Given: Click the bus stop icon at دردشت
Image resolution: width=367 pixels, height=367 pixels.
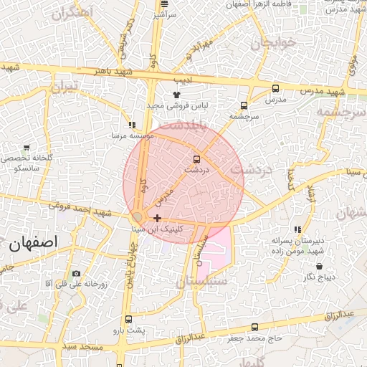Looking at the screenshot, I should coord(196,159).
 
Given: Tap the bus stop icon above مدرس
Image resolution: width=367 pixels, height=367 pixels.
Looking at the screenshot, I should coord(276,89).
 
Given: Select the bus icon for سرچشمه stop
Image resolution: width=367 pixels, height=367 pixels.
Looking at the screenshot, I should coord(244,105).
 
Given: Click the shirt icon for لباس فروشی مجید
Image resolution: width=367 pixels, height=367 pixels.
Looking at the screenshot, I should coord(177,94).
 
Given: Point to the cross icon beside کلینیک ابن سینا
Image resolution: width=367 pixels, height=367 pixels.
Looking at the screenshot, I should coord(157,218).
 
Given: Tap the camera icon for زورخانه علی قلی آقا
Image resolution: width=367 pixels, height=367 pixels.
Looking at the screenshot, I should coord(77,273).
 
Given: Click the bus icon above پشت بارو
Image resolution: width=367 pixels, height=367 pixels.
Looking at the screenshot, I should coord(128,319).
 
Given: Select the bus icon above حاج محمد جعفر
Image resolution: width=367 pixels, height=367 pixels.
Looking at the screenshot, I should coord(254,328).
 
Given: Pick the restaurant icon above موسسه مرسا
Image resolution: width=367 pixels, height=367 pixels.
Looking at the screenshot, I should coord(131,125).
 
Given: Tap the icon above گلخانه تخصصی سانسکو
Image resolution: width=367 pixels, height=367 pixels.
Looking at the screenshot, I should coord(27,148).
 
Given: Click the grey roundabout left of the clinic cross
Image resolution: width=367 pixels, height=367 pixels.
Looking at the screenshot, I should coord(138,217).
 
